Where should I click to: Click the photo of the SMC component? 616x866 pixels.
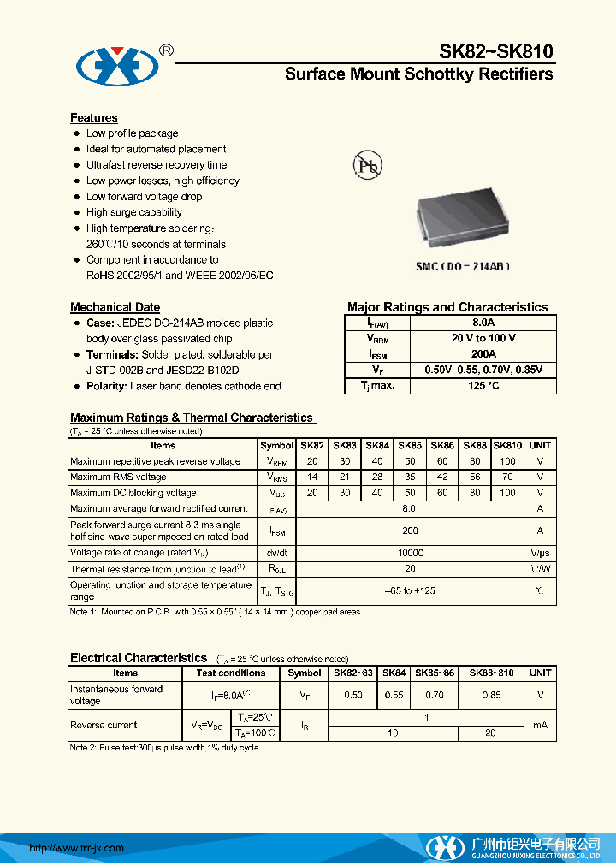click(x=463, y=218)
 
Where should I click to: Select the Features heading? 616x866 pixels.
click(x=94, y=117)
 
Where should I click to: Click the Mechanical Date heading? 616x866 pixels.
click(x=115, y=306)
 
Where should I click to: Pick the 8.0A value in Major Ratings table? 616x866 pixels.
click(x=483, y=323)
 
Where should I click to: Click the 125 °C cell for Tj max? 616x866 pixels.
click(x=483, y=385)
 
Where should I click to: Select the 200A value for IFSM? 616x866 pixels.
click(x=483, y=353)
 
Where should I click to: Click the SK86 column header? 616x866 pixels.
click(x=442, y=445)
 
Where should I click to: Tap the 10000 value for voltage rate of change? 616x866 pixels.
click(x=410, y=553)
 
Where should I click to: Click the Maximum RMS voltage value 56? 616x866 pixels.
click(x=475, y=477)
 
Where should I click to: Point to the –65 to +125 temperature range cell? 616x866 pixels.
click(x=410, y=590)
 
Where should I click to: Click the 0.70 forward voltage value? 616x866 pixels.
click(x=435, y=695)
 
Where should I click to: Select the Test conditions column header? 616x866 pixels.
click(x=231, y=673)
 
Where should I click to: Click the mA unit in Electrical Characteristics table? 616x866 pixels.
click(x=540, y=725)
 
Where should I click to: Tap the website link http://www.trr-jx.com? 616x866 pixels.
click(x=77, y=848)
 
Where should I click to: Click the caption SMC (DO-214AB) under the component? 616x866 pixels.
click(x=463, y=266)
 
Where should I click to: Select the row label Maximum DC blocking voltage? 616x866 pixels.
click(x=133, y=493)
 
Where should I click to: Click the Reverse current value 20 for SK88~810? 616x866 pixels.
click(x=491, y=733)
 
